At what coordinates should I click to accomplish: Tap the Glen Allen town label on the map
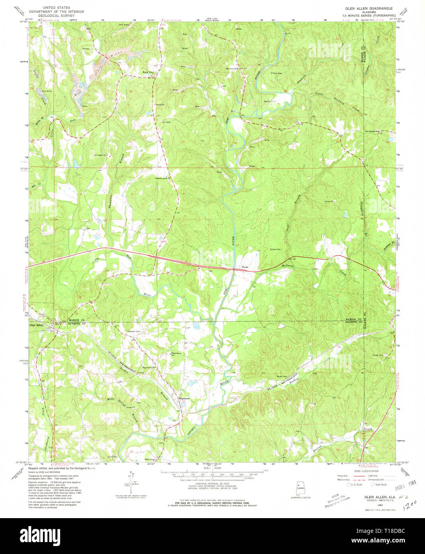(x=36, y=325)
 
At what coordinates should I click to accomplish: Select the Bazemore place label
(x=182, y=398)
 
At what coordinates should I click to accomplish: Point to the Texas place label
(x=244, y=267)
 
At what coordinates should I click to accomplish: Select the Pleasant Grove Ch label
(x=163, y=178)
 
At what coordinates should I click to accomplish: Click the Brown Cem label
(x=282, y=377)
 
